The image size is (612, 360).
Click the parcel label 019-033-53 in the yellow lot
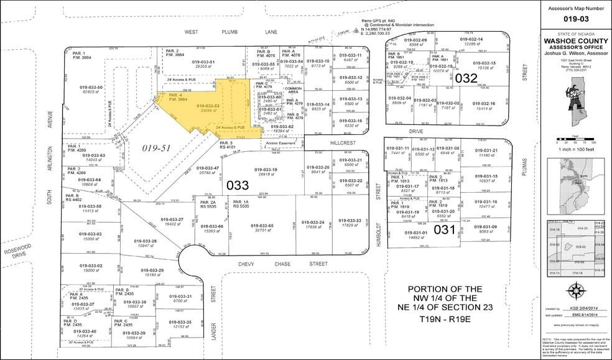point(208,106)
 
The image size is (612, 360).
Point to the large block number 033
point(238,185)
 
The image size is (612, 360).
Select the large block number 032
point(466,78)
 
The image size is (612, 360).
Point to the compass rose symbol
point(575,290)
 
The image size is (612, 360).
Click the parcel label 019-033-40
point(85,331)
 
